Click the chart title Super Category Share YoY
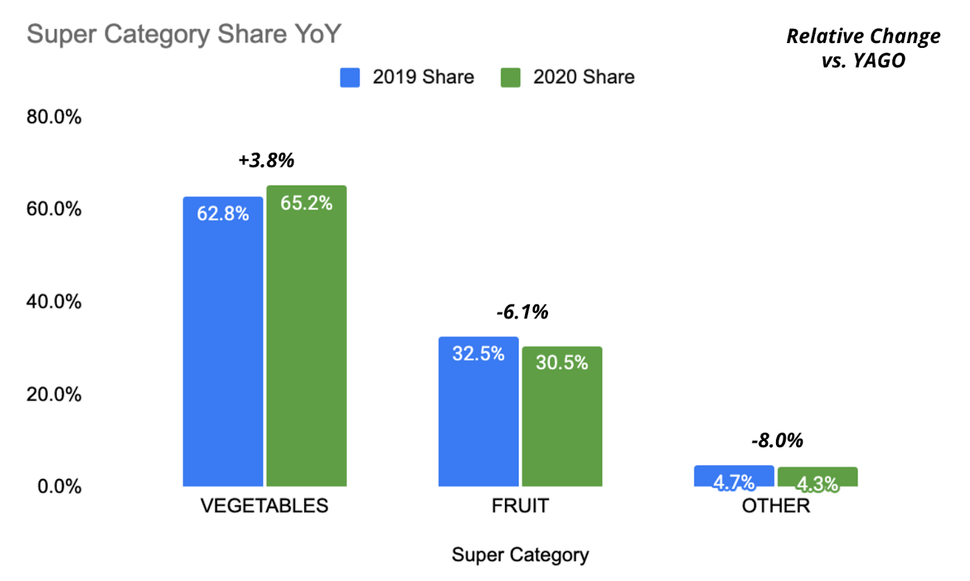click(184, 34)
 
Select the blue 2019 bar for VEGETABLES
click(222, 347)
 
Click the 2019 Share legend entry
click(407, 77)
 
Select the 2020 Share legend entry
click(567, 77)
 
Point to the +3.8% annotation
click(267, 159)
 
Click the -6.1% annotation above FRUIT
click(522, 312)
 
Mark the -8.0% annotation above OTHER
click(777, 440)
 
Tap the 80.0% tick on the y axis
click(54, 117)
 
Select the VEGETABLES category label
click(264, 505)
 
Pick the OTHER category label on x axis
click(775, 505)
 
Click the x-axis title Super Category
click(520, 555)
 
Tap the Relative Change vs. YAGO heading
click(863, 48)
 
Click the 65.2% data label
click(306, 203)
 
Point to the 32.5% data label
click(478, 354)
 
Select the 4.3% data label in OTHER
click(818, 483)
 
